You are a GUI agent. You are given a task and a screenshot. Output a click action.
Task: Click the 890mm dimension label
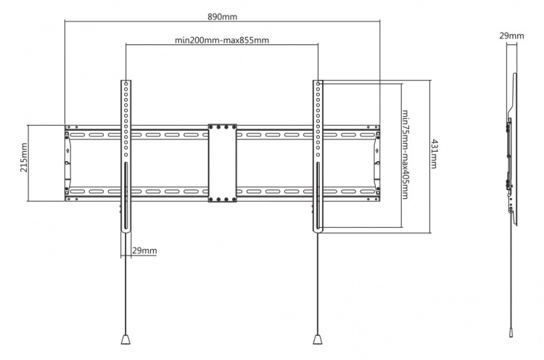pyautogui.click(x=222, y=14)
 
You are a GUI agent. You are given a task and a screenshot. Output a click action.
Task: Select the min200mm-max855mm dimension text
pyautogui.click(x=222, y=40)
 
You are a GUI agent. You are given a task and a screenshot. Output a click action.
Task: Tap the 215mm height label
pyautogui.click(x=24, y=163)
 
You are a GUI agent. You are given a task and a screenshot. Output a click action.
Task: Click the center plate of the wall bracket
pyautogui.click(x=222, y=163)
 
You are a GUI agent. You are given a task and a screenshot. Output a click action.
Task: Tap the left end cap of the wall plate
pyautogui.click(x=67, y=163)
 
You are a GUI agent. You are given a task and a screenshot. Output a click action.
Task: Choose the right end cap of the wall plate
pyautogui.click(x=376, y=163)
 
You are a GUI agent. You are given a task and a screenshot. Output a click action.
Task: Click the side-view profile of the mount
pyautogui.click(x=514, y=145)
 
